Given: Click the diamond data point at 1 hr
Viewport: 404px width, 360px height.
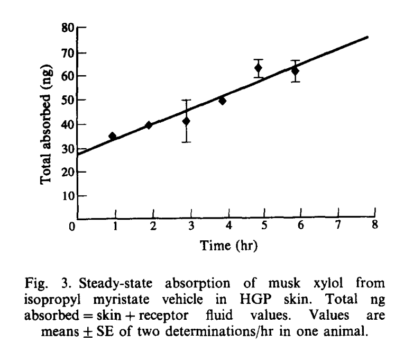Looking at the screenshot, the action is (113, 136).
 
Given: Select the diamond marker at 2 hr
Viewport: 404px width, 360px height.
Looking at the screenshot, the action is (149, 125).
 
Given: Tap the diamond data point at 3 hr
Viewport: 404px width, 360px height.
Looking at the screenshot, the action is (186, 121).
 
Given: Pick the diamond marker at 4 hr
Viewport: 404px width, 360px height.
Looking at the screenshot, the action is (222, 101).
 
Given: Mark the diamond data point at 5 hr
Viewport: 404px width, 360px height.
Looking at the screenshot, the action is (258, 68).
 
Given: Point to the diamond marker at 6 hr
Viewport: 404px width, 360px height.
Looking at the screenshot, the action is (295, 71).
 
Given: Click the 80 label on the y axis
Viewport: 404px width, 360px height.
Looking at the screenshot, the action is (68, 28).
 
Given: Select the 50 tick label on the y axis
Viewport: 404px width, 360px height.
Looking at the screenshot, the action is (68, 100).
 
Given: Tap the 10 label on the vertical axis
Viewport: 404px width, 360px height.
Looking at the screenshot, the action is (68, 196).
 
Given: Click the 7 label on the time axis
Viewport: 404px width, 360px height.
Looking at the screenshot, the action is (338, 225).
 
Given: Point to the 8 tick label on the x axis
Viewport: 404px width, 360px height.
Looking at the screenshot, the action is (375, 224).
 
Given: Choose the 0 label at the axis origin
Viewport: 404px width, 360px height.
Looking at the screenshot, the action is (72, 227).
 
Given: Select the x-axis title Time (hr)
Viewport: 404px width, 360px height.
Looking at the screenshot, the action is (229, 246).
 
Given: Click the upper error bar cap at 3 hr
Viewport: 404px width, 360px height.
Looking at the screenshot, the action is (186, 100).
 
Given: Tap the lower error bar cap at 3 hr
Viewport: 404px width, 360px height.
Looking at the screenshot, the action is (186, 142).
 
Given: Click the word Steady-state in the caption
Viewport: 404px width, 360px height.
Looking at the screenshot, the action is (115, 284).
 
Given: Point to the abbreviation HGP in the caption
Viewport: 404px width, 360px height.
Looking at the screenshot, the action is (255, 300).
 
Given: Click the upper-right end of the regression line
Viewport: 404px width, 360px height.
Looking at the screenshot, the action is (368, 38).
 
